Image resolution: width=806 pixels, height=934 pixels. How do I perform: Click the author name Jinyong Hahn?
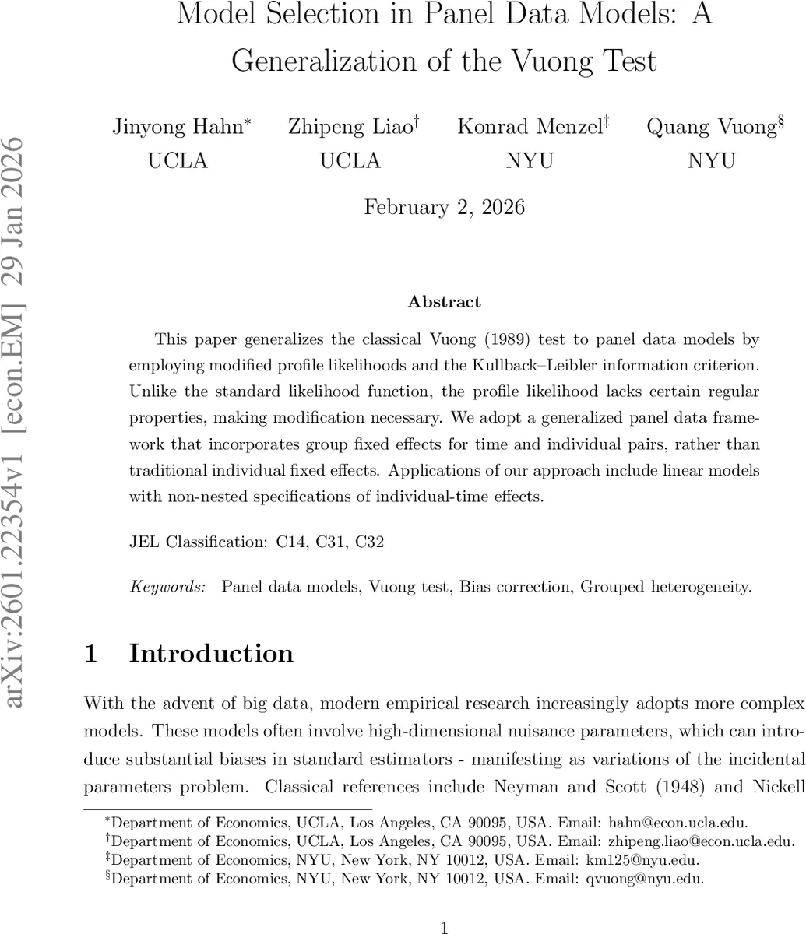tap(178, 127)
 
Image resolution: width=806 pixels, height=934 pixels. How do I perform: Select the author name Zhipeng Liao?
tap(350, 127)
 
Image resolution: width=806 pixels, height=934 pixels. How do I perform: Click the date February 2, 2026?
tap(445, 207)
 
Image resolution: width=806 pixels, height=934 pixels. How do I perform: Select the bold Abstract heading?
tap(445, 302)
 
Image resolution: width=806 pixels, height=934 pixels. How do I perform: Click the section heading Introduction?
tap(211, 654)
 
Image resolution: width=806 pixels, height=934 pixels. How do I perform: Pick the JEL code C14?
tap(293, 542)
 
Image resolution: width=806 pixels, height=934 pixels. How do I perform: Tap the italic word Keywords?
tap(168, 587)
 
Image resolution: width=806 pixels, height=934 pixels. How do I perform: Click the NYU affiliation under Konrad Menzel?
tap(530, 160)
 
